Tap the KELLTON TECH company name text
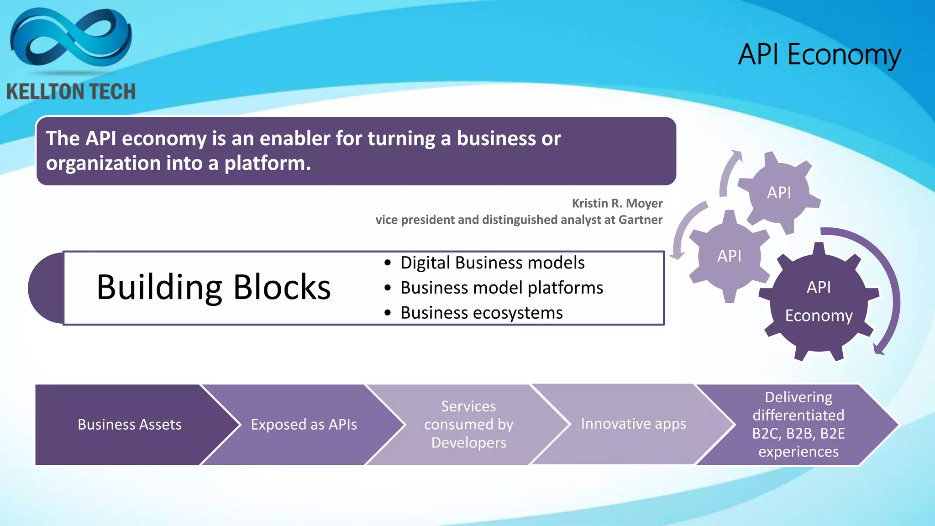click(71, 92)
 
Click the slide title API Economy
click(819, 55)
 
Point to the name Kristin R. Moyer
click(617, 203)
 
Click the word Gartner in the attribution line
click(640, 220)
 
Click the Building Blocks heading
click(214, 288)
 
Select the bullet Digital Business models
click(492, 263)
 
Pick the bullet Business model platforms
click(501, 288)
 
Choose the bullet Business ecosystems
click(481, 313)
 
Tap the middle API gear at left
click(729, 256)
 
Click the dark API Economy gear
click(819, 302)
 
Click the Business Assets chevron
click(130, 425)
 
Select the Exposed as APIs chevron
click(304, 425)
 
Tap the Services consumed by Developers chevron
click(468, 425)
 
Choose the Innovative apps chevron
click(633, 424)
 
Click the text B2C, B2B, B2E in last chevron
click(798, 433)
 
